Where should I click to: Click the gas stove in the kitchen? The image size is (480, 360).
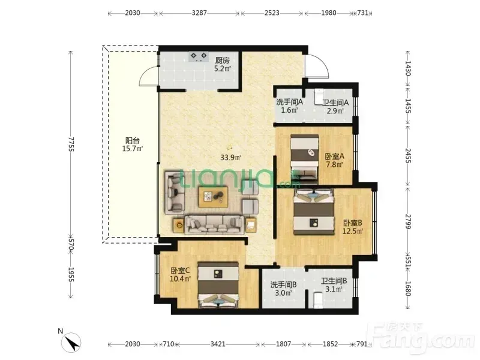(199, 56)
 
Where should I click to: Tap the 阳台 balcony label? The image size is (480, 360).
(133, 140)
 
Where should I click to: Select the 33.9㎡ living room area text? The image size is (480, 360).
(231, 158)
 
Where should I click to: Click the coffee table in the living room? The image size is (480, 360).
(213, 197)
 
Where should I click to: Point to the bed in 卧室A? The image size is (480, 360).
(305, 159)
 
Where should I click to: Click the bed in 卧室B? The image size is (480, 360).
(313, 212)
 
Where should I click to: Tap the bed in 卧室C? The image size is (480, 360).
(218, 284)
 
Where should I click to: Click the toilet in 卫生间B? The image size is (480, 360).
(318, 301)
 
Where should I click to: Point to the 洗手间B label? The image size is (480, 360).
(283, 284)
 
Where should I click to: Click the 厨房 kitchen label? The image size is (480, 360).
(222, 61)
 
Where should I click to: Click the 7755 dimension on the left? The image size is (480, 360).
(71, 144)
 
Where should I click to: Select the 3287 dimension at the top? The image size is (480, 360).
(199, 13)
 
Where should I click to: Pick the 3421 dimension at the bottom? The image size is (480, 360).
(218, 344)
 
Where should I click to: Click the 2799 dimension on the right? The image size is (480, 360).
(408, 221)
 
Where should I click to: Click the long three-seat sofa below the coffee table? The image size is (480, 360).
(214, 224)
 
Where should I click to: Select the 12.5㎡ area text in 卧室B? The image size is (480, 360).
(353, 231)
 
